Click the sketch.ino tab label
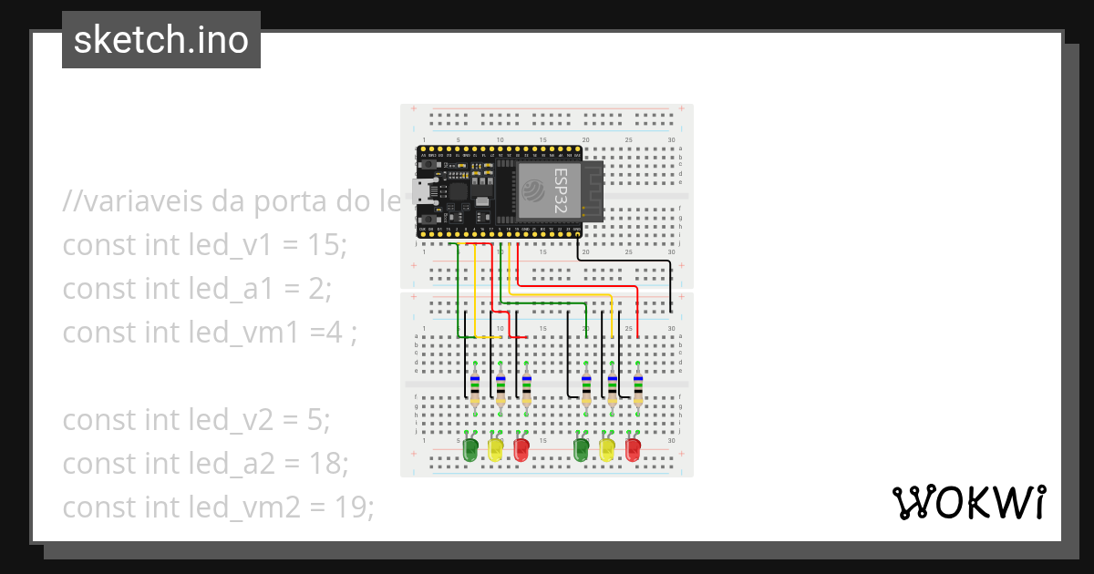click(160, 40)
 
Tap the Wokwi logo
click(968, 502)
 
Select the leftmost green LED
click(470, 448)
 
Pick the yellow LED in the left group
click(495, 448)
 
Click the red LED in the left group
click(521, 448)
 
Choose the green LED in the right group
click(581, 448)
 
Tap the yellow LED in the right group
click(607, 448)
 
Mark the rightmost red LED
click(633, 448)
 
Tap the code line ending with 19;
click(218, 507)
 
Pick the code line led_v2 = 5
click(196, 420)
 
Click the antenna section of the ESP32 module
click(593, 190)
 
